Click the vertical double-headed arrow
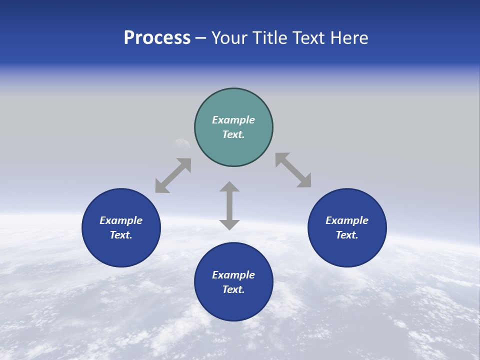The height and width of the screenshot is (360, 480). click(229, 205)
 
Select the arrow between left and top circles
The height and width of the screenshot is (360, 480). click(173, 175)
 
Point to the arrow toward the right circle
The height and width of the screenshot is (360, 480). click(293, 170)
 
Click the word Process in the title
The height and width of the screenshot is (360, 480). click(157, 38)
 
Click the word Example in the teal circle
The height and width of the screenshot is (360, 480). click(233, 120)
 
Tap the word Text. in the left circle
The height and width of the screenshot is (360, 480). click(121, 235)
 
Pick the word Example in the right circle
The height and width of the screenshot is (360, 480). click(347, 220)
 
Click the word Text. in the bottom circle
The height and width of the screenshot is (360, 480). click(233, 289)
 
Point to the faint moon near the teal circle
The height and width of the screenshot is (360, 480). click(181, 144)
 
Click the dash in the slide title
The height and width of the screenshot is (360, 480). click(200, 38)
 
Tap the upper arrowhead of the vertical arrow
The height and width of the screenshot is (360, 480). click(229, 187)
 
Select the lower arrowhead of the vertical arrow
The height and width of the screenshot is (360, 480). click(229, 224)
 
